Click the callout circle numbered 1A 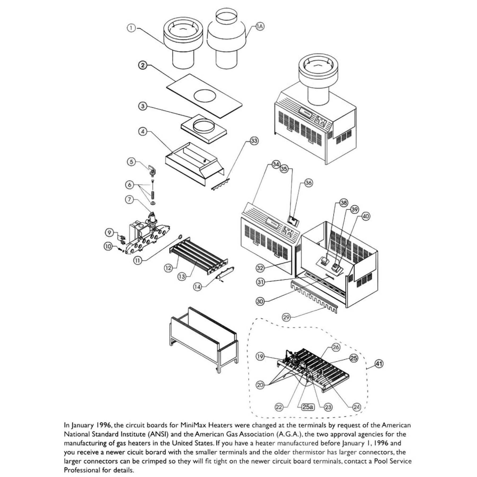(260, 26)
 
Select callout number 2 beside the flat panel (143, 65)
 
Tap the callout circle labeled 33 (254, 141)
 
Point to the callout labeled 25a (307, 407)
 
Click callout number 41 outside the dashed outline (379, 364)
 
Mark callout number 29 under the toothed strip (286, 317)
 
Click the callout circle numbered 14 (197, 287)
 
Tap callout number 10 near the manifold (108, 246)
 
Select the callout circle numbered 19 (260, 356)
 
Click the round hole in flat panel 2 (205, 95)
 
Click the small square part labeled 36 (294, 220)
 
